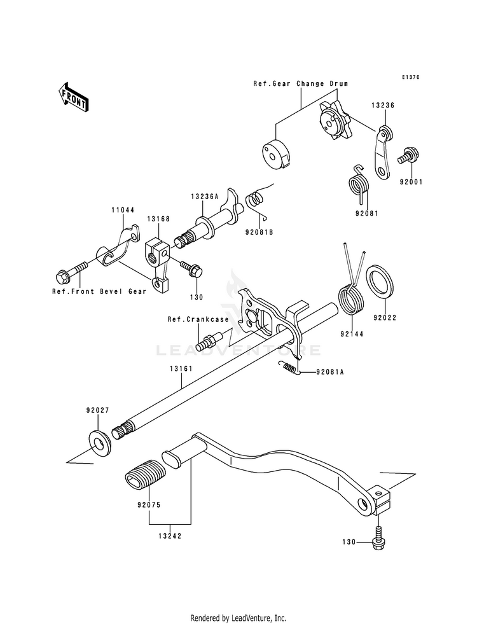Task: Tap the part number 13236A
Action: (205, 196)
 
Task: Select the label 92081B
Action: (259, 232)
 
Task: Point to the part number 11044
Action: (123, 210)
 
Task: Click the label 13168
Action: (158, 219)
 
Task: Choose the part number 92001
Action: (411, 182)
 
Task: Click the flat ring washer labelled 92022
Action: (379, 282)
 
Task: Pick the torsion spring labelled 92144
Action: (350, 296)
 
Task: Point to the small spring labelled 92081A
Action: (289, 367)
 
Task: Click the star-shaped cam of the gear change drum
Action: (333, 121)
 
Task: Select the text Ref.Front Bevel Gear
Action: (99, 291)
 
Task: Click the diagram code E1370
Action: (411, 77)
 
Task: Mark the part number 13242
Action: (170, 536)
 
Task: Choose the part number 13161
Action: (181, 369)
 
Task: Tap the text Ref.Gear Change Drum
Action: (301, 83)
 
